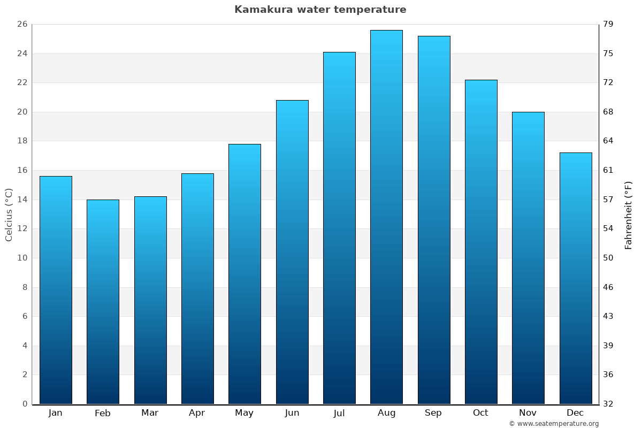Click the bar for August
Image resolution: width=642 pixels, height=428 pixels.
(386, 217)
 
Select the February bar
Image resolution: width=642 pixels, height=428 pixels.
(103, 302)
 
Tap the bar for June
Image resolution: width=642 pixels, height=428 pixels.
(292, 252)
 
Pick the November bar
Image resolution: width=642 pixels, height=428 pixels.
(528, 258)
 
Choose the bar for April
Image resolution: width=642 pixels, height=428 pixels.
(197, 288)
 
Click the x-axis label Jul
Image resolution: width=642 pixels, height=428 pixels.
(339, 413)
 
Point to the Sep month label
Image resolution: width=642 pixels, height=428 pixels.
(433, 413)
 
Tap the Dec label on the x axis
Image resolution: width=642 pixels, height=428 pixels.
(575, 413)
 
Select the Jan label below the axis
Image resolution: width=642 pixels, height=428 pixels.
(55, 413)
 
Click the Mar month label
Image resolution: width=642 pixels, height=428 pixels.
(150, 413)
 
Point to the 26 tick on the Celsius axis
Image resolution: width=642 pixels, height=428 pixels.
(22, 25)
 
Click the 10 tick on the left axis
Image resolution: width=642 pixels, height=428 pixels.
(22, 258)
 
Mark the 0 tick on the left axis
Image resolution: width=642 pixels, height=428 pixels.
(25, 404)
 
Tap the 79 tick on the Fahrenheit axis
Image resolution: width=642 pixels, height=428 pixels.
(609, 25)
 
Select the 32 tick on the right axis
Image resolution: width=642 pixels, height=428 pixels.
(609, 404)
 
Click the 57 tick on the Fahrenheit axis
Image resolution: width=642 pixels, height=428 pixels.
(609, 200)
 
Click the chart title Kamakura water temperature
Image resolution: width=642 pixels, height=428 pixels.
(320, 10)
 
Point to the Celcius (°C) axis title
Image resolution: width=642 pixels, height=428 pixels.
(9, 215)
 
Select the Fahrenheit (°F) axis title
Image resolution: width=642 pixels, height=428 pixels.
(629, 215)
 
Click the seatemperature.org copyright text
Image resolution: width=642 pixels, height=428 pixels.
(554, 424)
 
